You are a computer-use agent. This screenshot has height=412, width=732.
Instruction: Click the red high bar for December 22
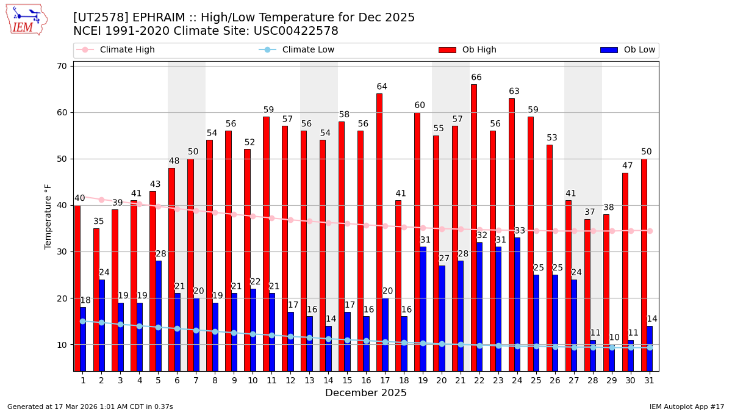[x=474, y=227]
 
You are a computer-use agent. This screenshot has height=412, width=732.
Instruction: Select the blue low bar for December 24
[x=517, y=304]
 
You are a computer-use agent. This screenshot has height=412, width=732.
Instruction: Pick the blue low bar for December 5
[x=159, y=316]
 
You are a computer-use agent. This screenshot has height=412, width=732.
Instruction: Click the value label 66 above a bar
[x=476, y=78]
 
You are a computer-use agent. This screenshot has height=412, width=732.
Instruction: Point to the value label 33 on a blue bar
[x=520, y=231]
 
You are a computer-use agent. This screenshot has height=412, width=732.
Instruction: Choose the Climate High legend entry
[x=127, y=50]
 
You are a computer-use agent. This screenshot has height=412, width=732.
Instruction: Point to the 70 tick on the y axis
[x=62, y=66]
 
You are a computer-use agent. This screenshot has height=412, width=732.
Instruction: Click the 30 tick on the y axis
[x=62, y=251]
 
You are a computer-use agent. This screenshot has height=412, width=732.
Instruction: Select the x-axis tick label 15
[x=347, y=380]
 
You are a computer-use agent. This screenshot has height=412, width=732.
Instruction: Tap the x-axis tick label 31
[x=649, y=380]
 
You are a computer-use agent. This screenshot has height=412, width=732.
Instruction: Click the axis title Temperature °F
[x=48, y=216]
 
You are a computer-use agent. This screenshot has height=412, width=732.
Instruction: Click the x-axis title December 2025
[x=366, y=393]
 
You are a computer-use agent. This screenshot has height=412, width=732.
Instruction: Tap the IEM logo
[x=27, y=20]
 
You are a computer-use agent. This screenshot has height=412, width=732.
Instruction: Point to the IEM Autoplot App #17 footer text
[x=686, y=407]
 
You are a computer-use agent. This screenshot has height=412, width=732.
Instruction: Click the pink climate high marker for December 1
[x=83, y=197]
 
